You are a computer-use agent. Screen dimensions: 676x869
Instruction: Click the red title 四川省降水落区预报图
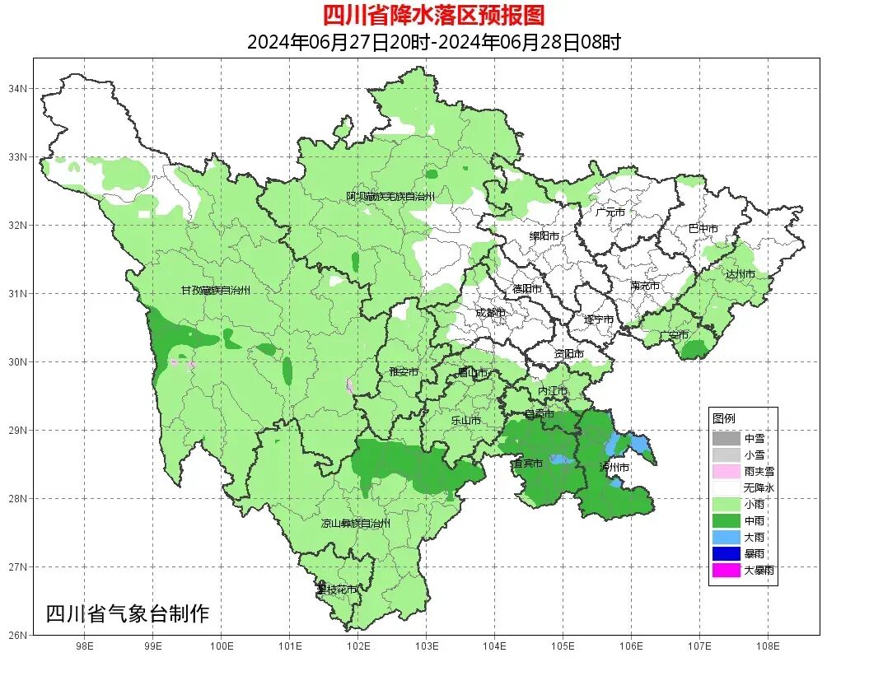pos(434,15)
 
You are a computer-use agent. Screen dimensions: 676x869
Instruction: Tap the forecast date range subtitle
pos(433,42)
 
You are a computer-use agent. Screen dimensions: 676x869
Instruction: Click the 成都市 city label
pos(490,313)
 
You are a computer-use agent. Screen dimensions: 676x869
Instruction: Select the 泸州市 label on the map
pos(614,467)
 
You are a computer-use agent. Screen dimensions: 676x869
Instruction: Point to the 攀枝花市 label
pos(338,590)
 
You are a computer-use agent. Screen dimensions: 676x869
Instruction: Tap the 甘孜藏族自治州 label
pos(216,291)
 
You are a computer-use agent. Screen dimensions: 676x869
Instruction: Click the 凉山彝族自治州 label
pos(355,523)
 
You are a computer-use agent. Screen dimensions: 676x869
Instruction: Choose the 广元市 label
pos(610,212)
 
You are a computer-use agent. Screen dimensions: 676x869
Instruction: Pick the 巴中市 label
pos(703,228)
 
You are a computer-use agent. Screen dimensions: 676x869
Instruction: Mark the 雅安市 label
pos(404,372)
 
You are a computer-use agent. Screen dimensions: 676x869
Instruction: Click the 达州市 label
pos(740,273)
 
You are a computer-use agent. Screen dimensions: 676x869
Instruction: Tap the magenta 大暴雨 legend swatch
pos(726,570)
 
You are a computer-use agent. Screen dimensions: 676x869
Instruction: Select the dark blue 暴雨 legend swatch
pos(726,553)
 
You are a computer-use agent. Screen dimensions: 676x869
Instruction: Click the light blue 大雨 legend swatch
pos(726,537)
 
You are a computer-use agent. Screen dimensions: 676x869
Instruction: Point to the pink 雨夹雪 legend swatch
pos(726,471)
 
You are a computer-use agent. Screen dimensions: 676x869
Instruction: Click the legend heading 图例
pos(724,418)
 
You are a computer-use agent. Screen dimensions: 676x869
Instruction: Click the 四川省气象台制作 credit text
pos(128,613)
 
